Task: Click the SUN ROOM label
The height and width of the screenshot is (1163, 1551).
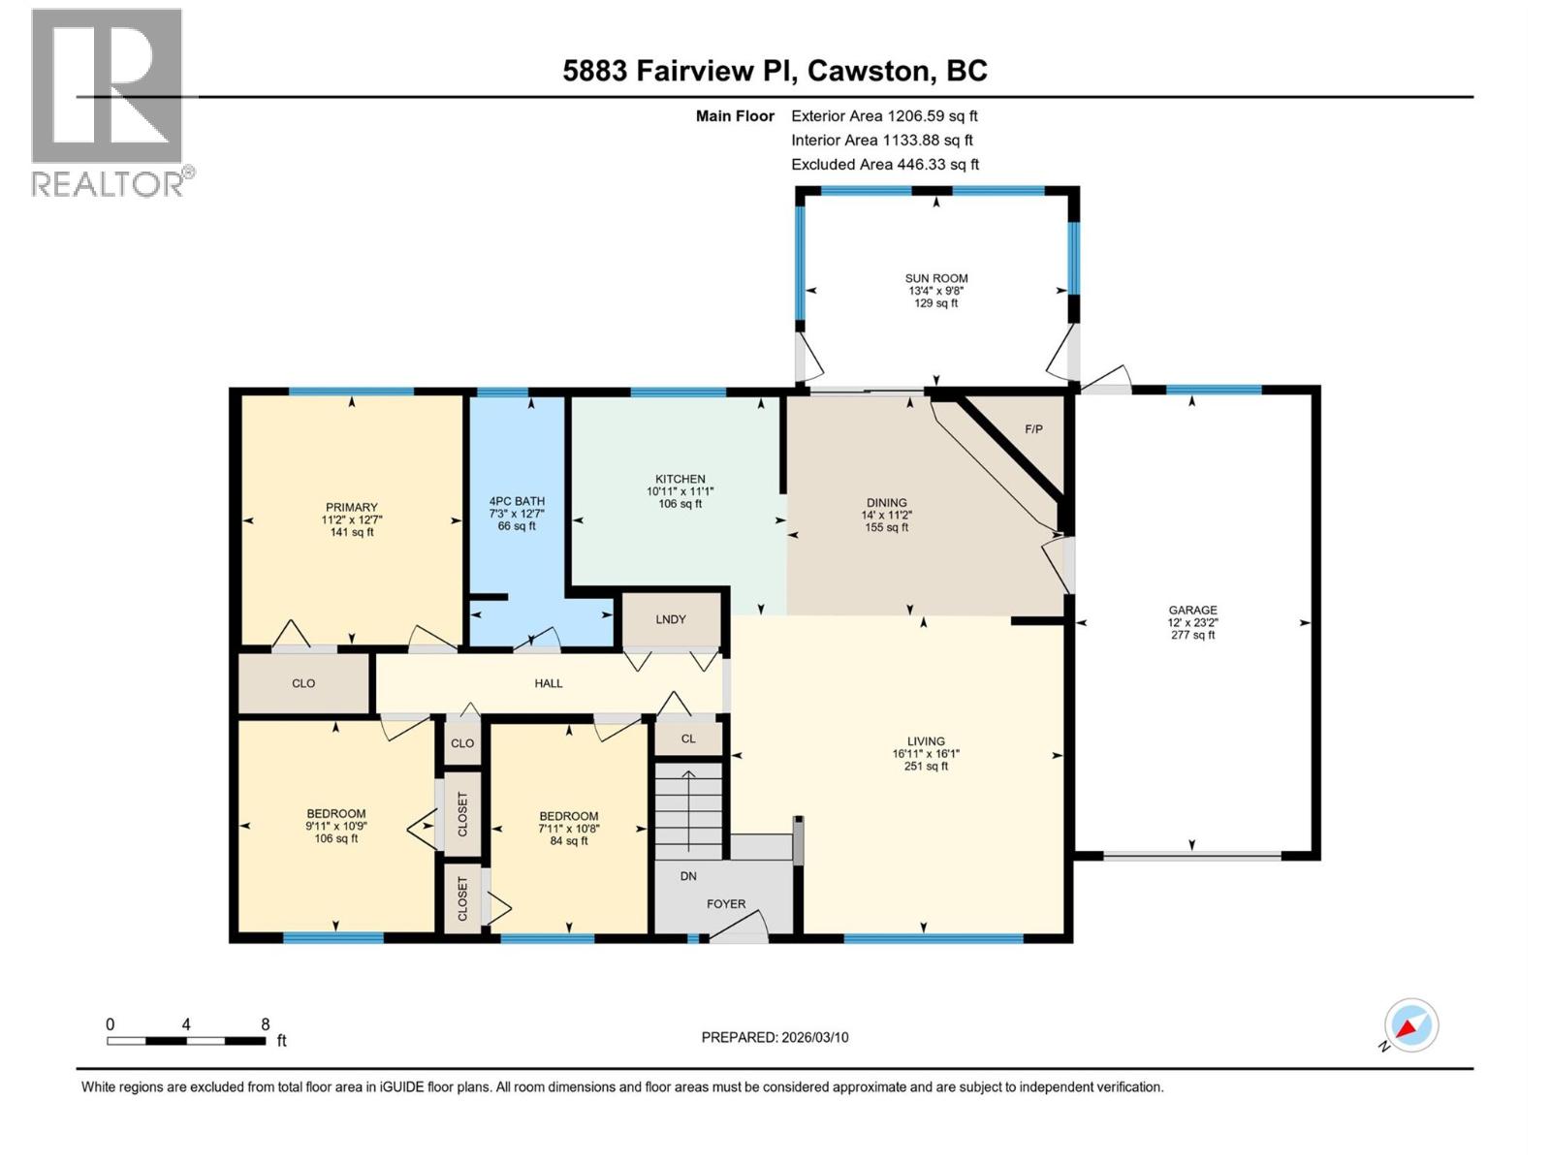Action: point(936,278)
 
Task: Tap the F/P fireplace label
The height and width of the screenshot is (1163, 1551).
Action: point(1033,428)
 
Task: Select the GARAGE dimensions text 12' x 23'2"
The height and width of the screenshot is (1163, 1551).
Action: point(1192,623)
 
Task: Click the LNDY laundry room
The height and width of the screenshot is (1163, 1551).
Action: point(671,619)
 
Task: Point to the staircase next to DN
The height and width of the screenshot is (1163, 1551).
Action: point(688,809)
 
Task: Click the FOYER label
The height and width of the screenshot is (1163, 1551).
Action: point(726,904)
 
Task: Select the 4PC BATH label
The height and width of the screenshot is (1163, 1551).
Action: point(517,501)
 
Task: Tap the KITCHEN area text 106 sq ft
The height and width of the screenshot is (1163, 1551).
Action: point(680,504)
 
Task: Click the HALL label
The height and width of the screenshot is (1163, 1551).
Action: point(549,683)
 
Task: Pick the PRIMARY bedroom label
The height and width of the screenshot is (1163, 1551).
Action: point(351,507)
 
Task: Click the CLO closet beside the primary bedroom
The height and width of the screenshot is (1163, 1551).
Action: point(303,683)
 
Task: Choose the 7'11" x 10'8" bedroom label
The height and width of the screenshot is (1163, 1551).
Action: point(569,816)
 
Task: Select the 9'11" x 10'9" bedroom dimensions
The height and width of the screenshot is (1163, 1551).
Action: point(335,827)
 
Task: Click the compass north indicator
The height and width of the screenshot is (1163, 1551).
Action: point(1410,1025)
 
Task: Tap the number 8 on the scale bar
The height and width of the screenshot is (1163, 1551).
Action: point(265,1024)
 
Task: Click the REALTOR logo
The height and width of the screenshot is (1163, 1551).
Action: point(109,102)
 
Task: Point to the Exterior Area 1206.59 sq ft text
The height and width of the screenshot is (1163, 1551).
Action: point(884,115)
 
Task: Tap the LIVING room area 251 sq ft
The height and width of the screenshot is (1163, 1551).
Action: point(926,766)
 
